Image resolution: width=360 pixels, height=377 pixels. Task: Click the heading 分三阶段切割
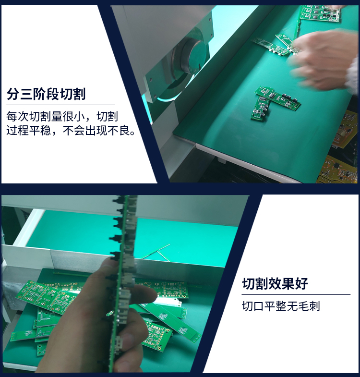click(x=46, y=94)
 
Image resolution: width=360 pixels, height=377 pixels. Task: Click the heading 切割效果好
click(x=275, y=283)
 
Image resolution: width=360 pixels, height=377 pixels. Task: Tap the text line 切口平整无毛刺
click(x=281, y=306)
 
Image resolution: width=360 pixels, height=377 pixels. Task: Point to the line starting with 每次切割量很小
click(x=62, y=116)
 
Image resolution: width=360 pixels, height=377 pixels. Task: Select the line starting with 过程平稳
click(x=71, y=131)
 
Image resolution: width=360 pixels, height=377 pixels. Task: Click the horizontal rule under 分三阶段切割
click(x=60, y=105)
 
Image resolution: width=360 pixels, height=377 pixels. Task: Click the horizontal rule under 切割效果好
click(x=296, y=294)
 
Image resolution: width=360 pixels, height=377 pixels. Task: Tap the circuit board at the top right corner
click(x=320, y=13)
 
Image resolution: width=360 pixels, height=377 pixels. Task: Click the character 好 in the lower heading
click(x=302, y=283)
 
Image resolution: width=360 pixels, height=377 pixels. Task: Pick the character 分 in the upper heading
click(x=13, y=94)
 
